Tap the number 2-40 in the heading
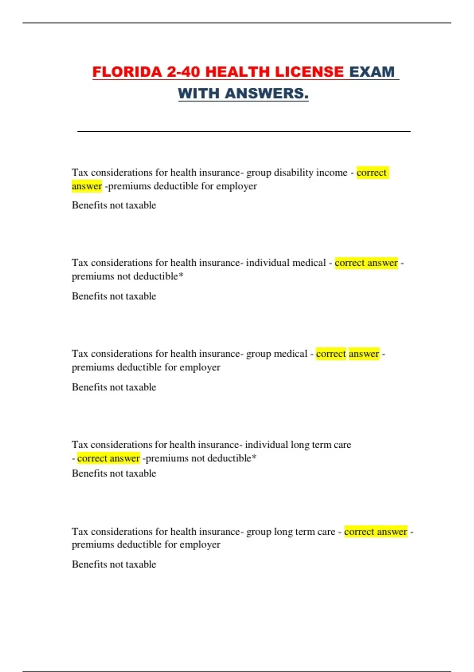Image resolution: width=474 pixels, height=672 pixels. point(183,72)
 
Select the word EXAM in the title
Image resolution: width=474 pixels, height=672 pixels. point(372,72)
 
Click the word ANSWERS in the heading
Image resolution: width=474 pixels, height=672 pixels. point(266,94)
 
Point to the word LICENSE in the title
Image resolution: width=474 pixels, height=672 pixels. point(309,72)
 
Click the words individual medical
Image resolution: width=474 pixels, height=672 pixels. point(286,263)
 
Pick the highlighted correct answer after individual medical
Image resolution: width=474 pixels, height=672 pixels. point(366,263)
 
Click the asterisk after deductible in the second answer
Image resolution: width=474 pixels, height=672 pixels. point(181,276)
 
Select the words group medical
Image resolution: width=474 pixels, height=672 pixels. point(276,354)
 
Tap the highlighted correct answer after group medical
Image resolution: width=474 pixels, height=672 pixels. point(348,354)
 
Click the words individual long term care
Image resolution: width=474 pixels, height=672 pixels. point(298,445)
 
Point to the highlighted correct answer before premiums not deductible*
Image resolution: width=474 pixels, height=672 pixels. point(109,458)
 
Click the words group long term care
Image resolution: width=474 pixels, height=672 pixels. point(291,532)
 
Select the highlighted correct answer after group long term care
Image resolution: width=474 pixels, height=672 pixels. point(375,532)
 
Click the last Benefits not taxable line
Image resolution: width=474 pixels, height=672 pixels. point(114,564)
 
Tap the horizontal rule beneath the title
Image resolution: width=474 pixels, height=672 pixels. point(244,131)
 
